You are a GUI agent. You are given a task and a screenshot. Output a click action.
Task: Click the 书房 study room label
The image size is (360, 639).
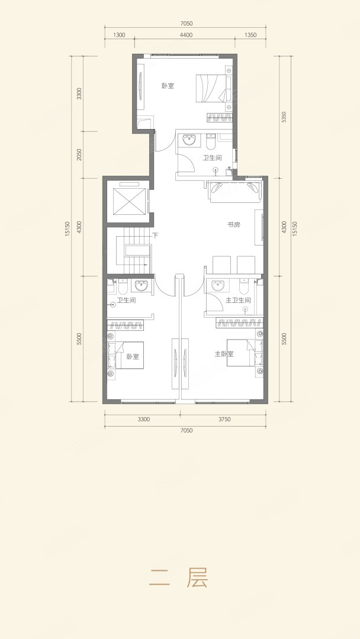(234, 225)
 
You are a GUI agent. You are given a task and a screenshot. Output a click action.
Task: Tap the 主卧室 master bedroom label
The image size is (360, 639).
(224, 354)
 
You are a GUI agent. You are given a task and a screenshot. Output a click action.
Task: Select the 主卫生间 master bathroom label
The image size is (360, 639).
(238, 301)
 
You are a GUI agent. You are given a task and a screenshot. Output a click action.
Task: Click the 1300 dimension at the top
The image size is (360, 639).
(120, 35)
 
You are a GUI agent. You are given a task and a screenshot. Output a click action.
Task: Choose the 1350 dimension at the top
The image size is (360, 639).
(250, 35)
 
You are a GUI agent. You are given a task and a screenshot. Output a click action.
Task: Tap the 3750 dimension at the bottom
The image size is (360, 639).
(224, 419)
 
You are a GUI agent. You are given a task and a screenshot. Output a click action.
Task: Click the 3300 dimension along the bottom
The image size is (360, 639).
(143, 419)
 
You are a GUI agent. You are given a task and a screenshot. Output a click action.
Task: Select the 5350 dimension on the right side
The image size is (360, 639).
(285, 117)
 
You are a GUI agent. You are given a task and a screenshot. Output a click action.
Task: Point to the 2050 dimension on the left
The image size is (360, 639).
(79, 154)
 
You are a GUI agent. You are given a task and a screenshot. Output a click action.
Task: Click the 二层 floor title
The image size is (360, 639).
(179, 577)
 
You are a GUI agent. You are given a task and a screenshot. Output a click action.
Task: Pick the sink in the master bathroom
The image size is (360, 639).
(218, 286)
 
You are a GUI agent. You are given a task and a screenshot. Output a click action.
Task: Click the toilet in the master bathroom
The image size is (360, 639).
(244, 286)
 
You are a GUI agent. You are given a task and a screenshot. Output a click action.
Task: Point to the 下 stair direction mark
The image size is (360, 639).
(155, 235)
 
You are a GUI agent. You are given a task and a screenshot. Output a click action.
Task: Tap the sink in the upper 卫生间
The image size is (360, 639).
(189, 141)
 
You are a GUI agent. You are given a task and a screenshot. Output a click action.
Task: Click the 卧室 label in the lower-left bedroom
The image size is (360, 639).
(133, 357)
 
